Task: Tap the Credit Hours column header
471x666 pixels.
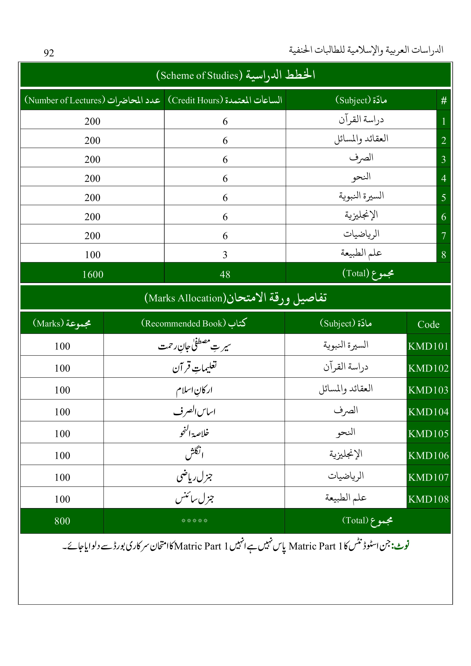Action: tap(225, 100)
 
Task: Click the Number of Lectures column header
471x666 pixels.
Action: tap(92, 100)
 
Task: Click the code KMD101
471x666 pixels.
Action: tap(428, 346)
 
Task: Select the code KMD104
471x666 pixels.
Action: tap(428, 412)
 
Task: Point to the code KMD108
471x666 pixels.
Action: tap(428, 499)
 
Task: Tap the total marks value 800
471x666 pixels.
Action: tap(62, 521)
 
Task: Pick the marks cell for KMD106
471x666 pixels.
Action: tap(62, 455)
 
